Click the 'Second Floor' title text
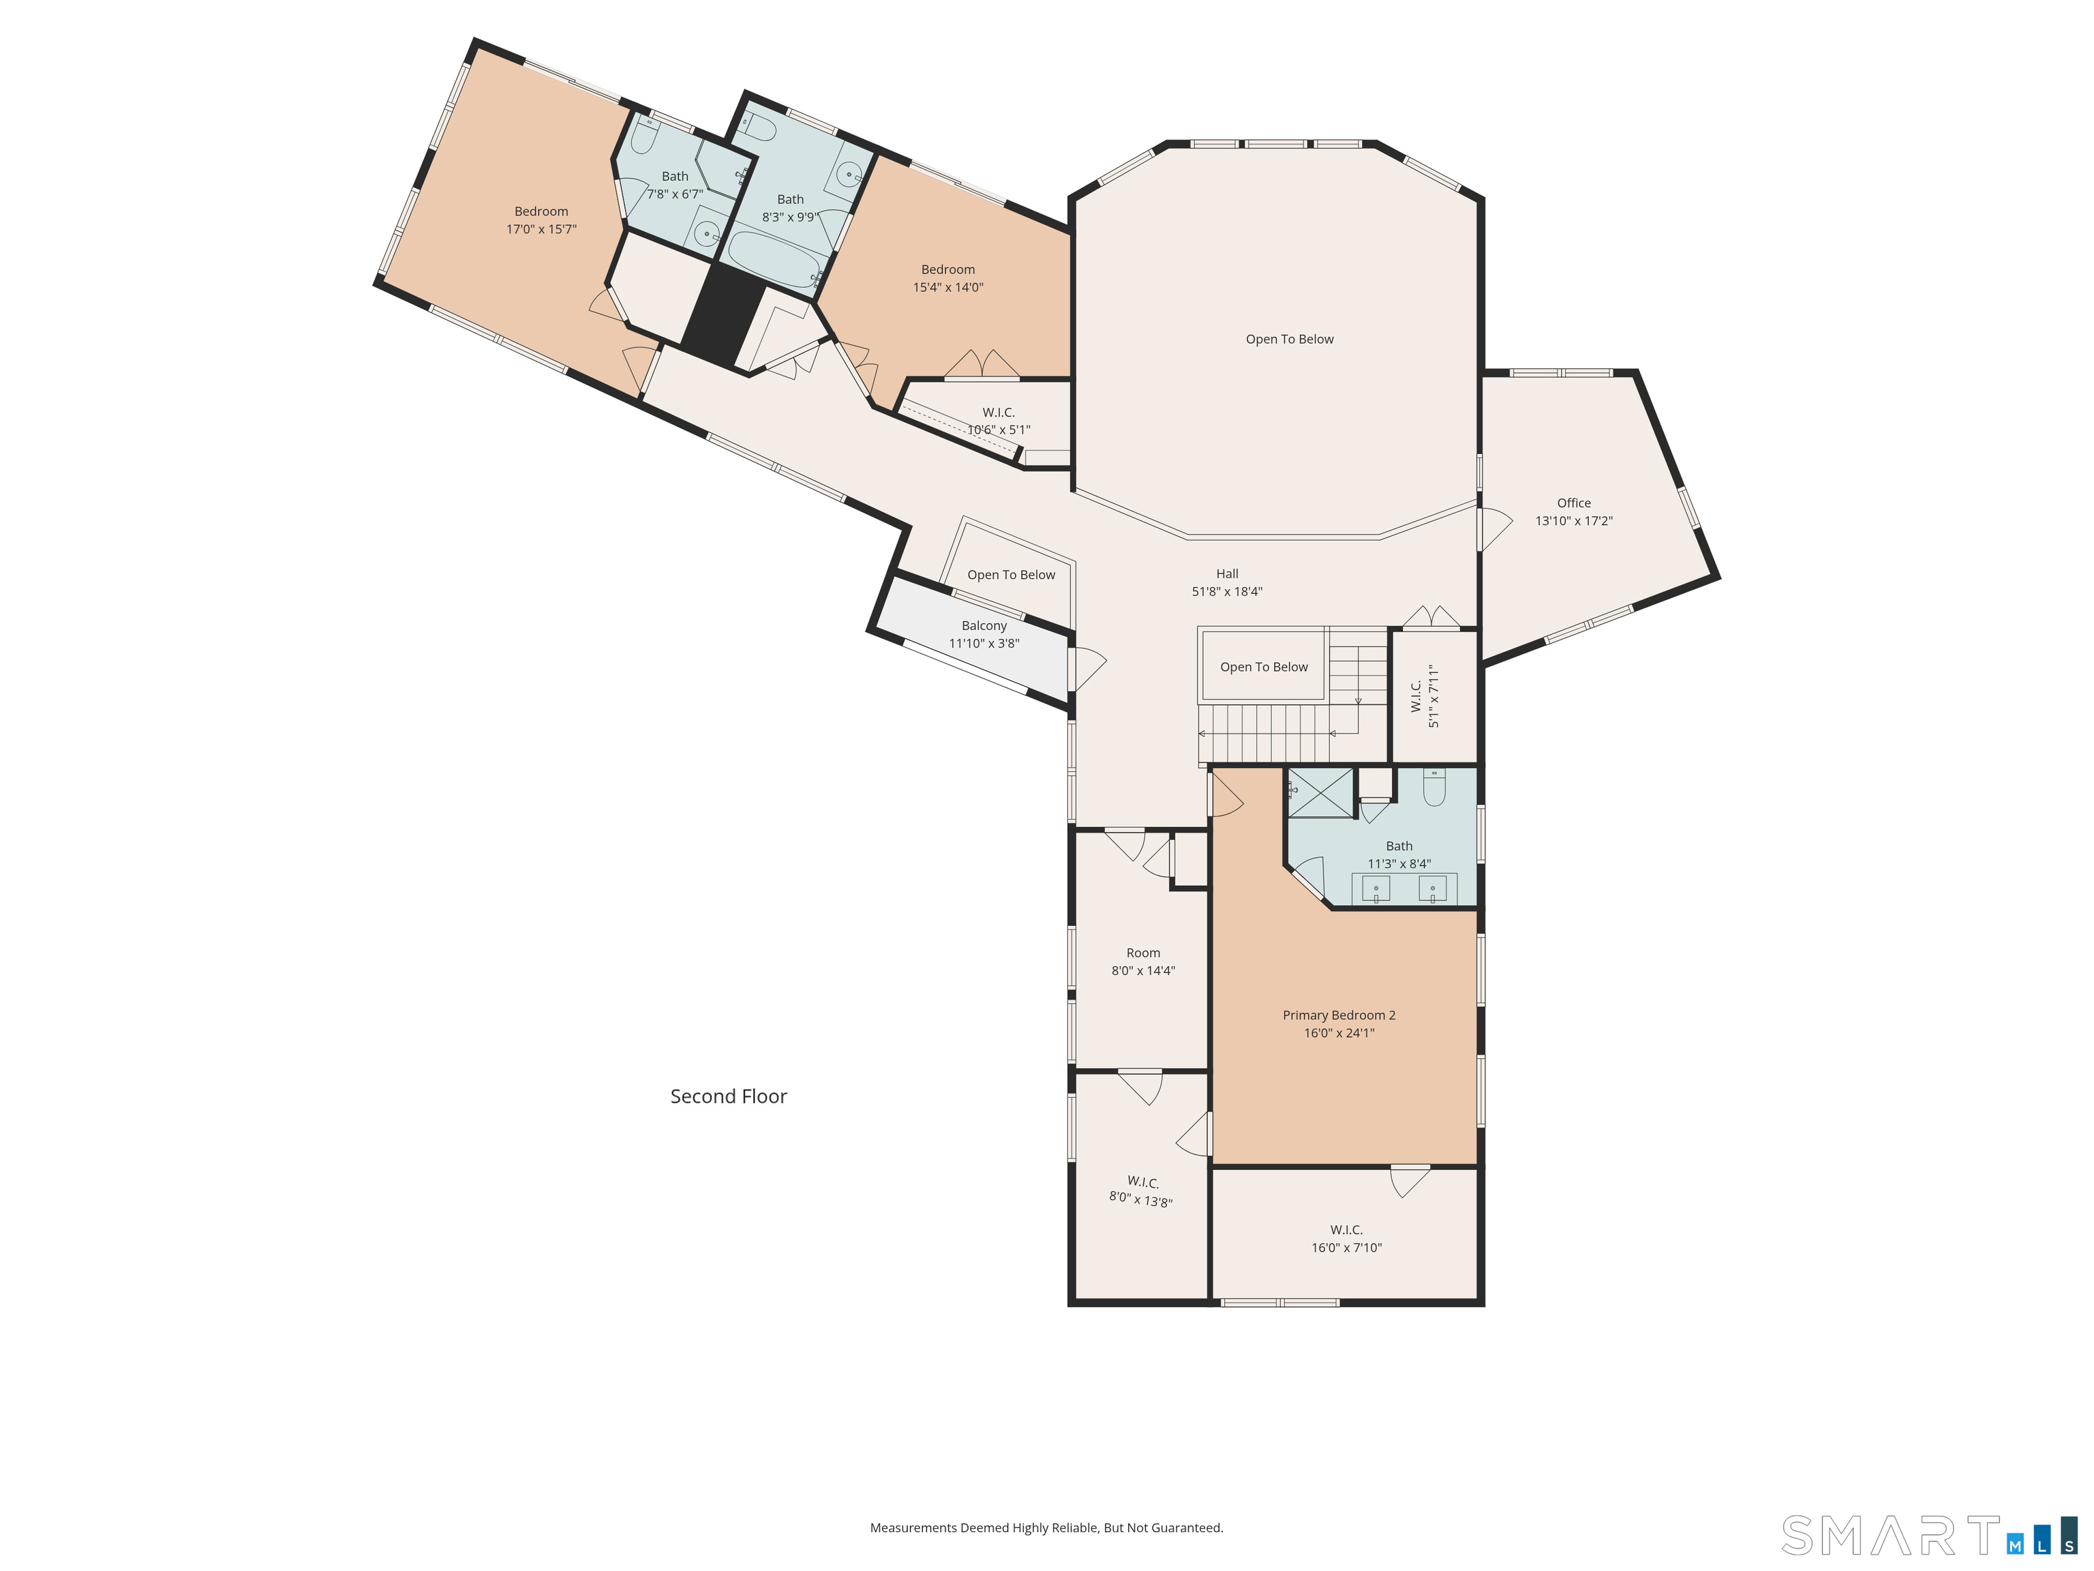[x=728, y=1096]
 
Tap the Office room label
[x=1573, y=503]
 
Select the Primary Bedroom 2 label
[x=1339, y=1015]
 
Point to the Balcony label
[x=984, y=626]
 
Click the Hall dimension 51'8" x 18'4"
[x=1227, y=592]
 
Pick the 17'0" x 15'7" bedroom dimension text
[x=541, y=229]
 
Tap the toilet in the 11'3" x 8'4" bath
[x=1434, y=787]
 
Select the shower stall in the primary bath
[x=1320, y=792]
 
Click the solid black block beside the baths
[x=724, y=315]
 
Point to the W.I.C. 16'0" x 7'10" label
[x=1346, y=1239]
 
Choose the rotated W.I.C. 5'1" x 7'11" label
[x=1425, y=696]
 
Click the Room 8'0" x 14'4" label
[x=1142, y=962]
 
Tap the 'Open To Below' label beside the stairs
[x=1264, y=667]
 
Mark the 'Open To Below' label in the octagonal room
[x=1290, y=339]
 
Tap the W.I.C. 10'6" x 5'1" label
[x=999, y=421]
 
